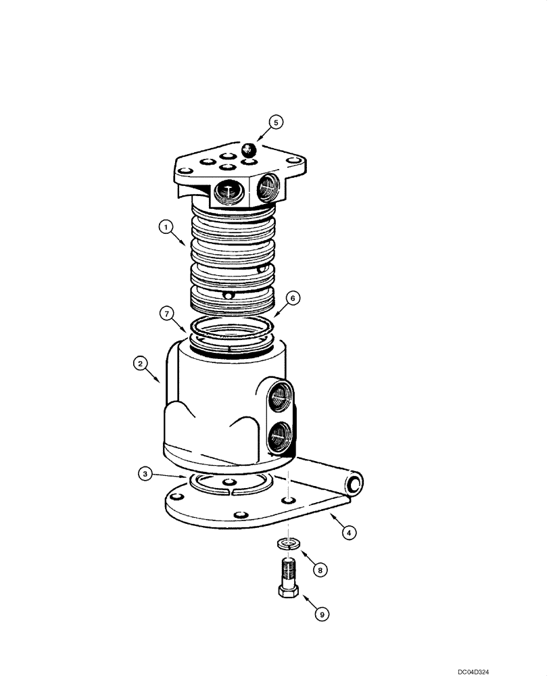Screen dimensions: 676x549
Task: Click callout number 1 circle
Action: point(164,228)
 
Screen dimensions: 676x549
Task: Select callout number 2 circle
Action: point(140,364)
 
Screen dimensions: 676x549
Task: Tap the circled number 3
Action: point(144,474)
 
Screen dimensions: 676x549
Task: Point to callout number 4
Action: point(348,533)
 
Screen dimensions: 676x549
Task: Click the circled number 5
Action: point(276,122)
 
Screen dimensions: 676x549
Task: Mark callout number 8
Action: point(321,570)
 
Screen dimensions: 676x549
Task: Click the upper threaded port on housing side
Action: point(280,397)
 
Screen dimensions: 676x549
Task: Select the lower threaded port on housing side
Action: point(280,438)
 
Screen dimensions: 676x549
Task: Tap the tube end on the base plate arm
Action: point(355,483)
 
